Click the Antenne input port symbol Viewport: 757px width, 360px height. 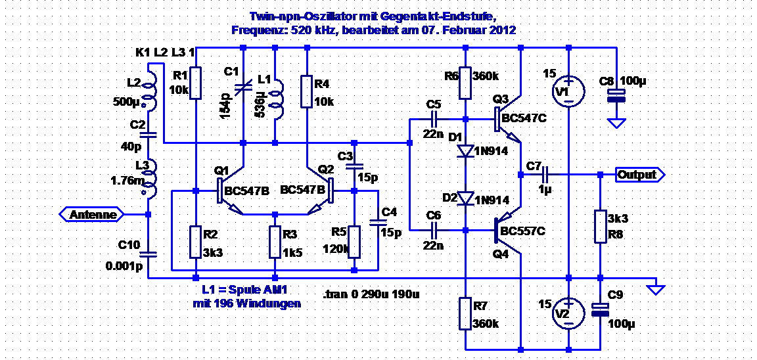(91, 214)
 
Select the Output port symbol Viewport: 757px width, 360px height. (639, 175)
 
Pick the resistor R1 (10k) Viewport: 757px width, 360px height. (196, 83)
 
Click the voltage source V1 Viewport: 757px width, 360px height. (568, 90)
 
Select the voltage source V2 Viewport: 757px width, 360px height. (568, 313)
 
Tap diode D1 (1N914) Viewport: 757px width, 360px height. (465, 151)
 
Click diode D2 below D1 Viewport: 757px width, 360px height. (465, 198)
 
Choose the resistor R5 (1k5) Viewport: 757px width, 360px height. (275, 242)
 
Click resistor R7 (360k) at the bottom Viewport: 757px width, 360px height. (465, 313)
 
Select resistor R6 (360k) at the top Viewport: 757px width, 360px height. (465, 83)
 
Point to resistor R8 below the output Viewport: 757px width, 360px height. (600, 226)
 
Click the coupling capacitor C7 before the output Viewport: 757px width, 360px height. (546, 175)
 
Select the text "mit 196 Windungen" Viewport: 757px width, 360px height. (246, 304)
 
